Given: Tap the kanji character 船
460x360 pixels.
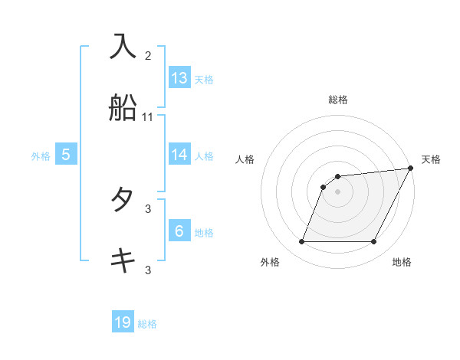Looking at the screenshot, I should (x=123, y=108).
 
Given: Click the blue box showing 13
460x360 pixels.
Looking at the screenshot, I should (x=179, y=78).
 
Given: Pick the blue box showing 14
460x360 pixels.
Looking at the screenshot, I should (x=179, y=154).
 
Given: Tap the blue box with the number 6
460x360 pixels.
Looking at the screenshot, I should (x=179, y=231).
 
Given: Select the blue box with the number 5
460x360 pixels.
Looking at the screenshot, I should (x=66, y=155).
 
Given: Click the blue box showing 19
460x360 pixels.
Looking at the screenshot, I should (x=123, y=323).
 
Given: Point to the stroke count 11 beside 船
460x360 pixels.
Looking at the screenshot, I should (x=148, y=117).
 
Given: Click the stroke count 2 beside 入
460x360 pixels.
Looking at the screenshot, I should (x=148, y=55).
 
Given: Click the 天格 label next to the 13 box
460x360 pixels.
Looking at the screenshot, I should (x=204, y=80).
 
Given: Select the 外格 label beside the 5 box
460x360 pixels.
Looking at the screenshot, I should (x=41, y=156).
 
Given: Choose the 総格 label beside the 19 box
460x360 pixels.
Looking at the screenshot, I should (x=147, y=325).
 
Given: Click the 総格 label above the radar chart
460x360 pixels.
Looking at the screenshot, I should (x=338, y=100).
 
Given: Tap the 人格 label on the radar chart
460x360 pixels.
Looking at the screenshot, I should (x=245, y=159).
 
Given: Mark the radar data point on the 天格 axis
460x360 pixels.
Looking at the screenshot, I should (x=411, y=169).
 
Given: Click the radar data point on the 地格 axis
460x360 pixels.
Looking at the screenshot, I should (x=373, y=242).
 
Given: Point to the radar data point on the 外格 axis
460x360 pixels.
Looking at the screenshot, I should (x=301, y=242).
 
